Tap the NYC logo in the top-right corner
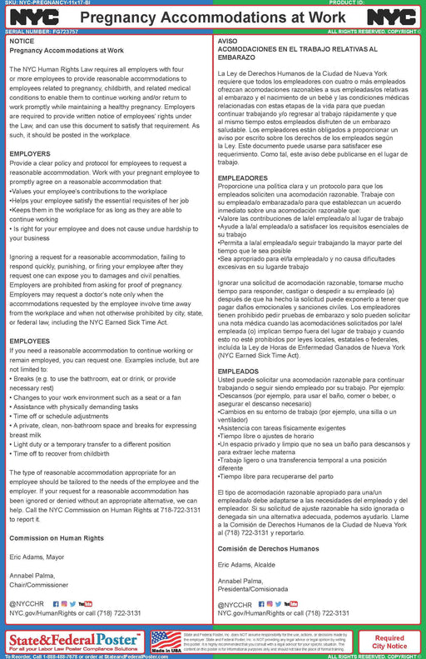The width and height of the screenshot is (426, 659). (x=393, y=17)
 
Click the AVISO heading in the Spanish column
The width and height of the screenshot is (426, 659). (x=227, y=40)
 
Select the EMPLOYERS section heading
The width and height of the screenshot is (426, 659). (x=30, y=154)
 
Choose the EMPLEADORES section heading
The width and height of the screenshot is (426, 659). (x=242, y=178)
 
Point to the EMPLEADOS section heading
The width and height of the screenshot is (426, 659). (x=238, y=371)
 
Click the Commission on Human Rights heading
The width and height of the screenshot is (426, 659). (x=57, y=538)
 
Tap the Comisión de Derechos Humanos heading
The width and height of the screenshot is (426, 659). (x=268, y=549)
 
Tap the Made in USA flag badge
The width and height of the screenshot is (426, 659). (x=166, y=641)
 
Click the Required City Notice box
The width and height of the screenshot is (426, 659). (x=389, y=641)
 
